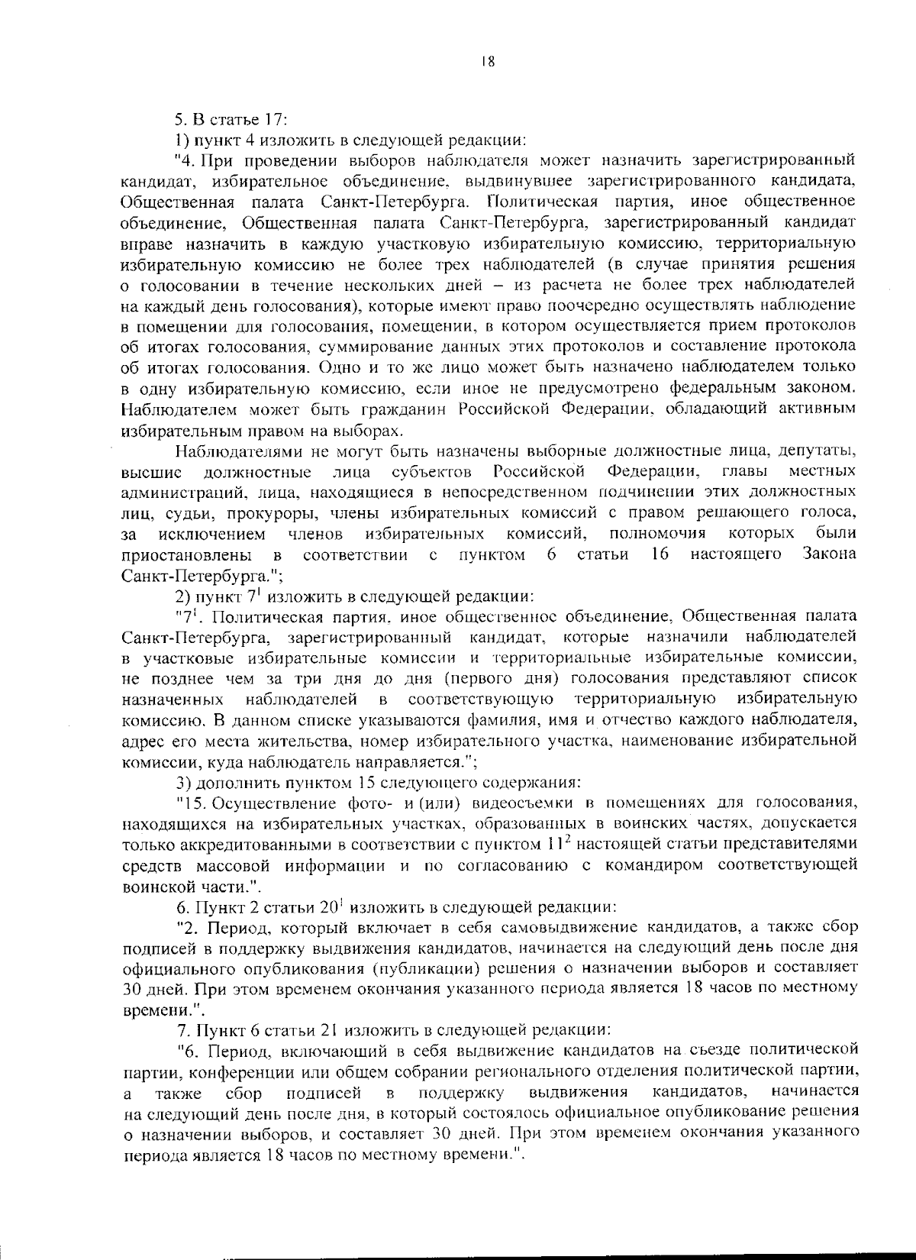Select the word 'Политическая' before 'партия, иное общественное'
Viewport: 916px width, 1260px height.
pos(546,202)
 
